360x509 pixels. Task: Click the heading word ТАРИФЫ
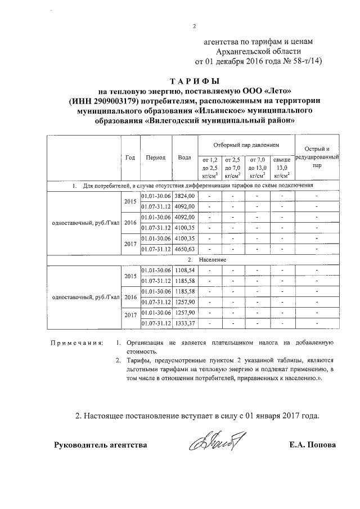[193, 80]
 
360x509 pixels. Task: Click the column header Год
[130, 157]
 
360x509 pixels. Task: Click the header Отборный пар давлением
[246, 145]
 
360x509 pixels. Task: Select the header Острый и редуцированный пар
[317, 157]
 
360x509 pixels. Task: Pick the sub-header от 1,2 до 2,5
[209, 167]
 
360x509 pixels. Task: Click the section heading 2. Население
[199, 260]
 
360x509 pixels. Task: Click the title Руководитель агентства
[100, 445]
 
